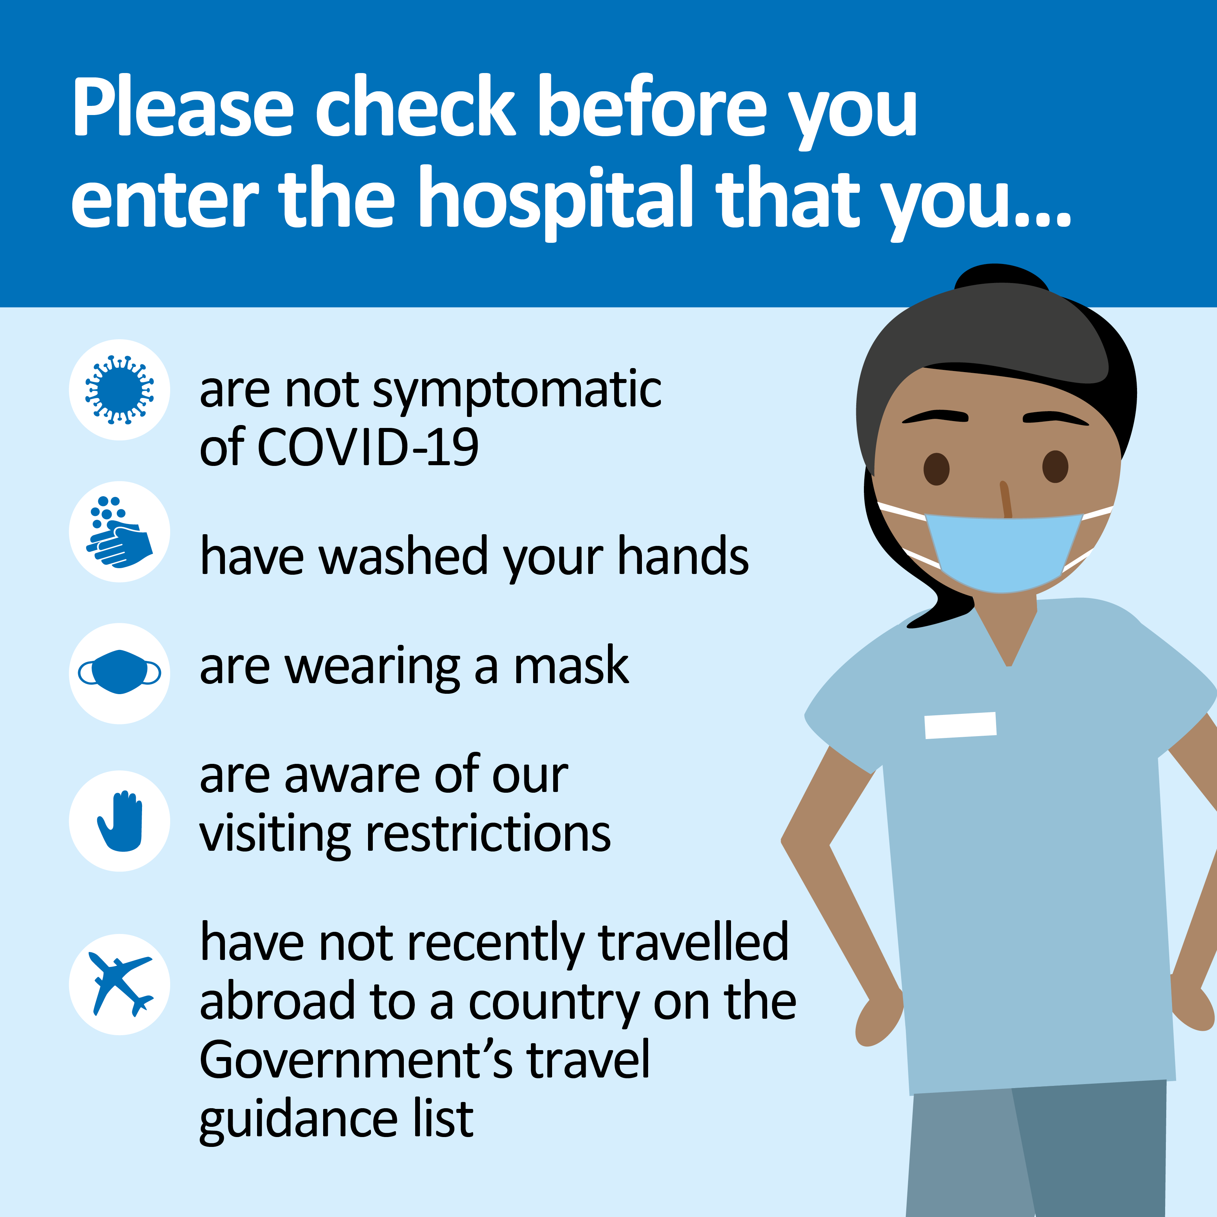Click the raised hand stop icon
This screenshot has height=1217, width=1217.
tap(120, 821)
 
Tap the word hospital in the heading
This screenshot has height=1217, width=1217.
tap(556, 201)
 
